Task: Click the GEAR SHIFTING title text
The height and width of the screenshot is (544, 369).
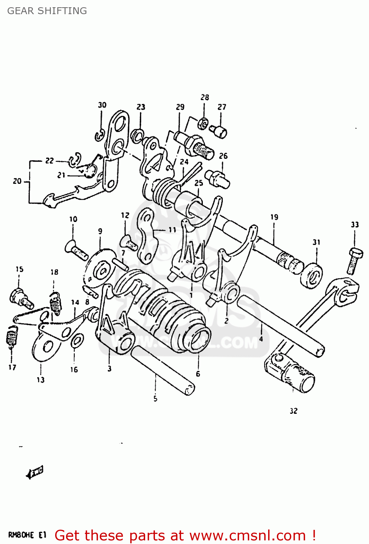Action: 47,11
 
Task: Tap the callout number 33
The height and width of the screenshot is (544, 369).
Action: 354,224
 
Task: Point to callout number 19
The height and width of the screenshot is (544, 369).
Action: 274,217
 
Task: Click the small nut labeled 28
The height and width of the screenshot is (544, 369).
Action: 204,124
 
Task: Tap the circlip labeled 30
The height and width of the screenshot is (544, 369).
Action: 100,135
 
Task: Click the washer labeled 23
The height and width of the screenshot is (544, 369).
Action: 137,136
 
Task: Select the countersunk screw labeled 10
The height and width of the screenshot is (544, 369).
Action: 76,251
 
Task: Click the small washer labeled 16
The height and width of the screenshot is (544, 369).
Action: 77,341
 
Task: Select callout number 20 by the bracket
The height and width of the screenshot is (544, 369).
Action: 17,181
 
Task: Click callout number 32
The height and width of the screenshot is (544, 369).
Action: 294,411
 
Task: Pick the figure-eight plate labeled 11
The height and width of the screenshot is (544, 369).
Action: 147,235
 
